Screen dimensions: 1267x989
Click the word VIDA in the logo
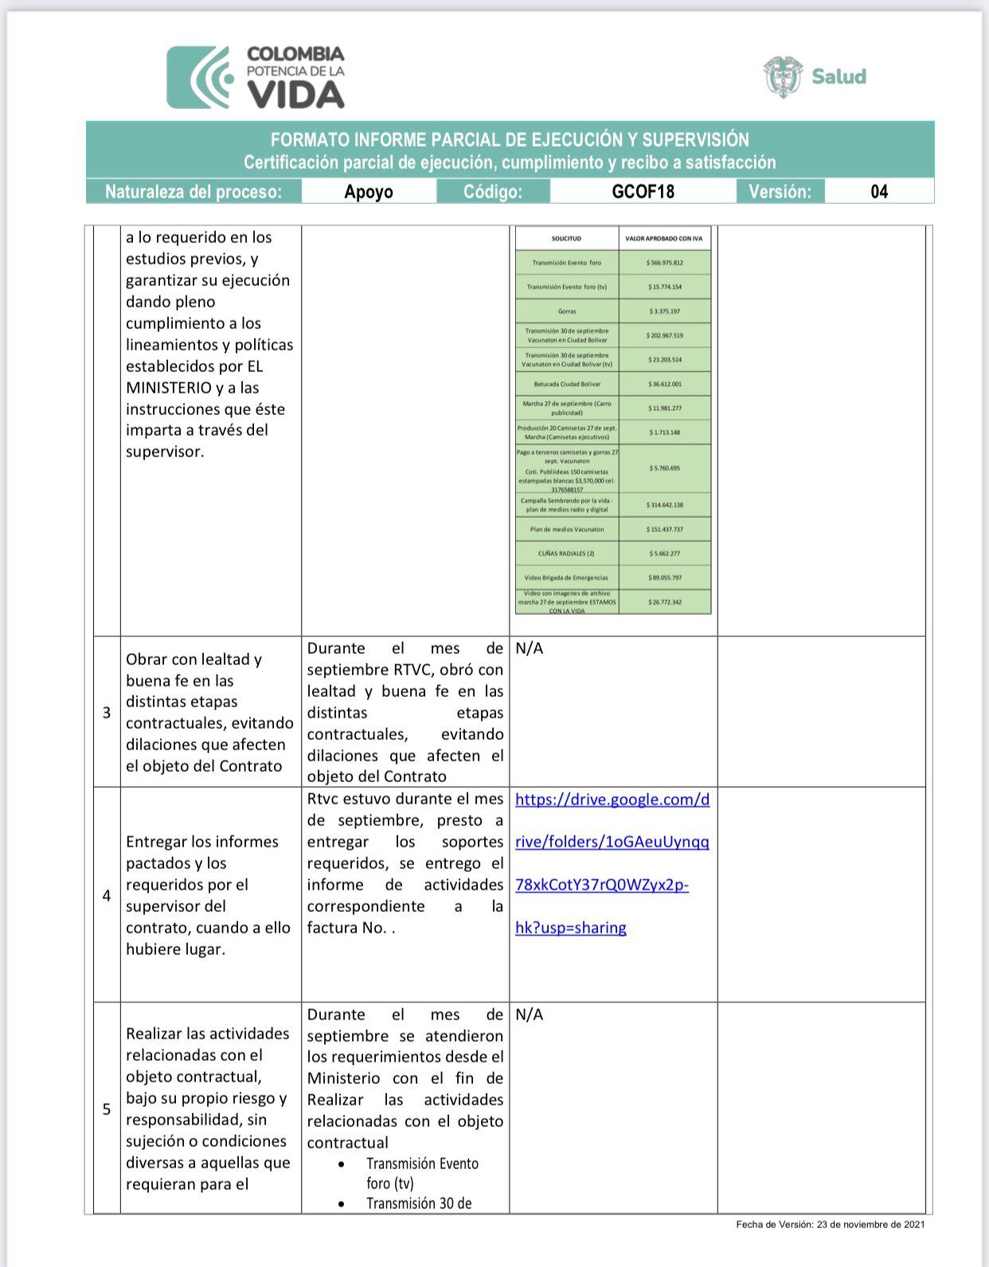pos(295,95)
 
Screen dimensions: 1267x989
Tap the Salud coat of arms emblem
pos(783,76)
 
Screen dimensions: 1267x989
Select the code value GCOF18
pos(643,192)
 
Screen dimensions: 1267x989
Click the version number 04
pos(879,192)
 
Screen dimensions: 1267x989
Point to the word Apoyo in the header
pos(369,192)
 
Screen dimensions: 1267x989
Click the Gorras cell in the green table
pos(567,311)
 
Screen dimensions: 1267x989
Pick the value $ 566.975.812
pos(665,263)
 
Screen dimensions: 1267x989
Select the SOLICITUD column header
pos(567,238)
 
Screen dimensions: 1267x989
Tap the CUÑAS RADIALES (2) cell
pos(567,553)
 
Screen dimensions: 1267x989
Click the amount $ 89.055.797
pos(665,577)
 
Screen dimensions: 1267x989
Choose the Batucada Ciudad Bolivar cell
pos(567,384)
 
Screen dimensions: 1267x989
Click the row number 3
pos(107,713)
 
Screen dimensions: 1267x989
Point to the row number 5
pos(107,1109)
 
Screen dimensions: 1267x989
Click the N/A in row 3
pos(530,648)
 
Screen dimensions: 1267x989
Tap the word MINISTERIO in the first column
pos(168,388)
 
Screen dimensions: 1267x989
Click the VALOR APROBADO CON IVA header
pos(665,238)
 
